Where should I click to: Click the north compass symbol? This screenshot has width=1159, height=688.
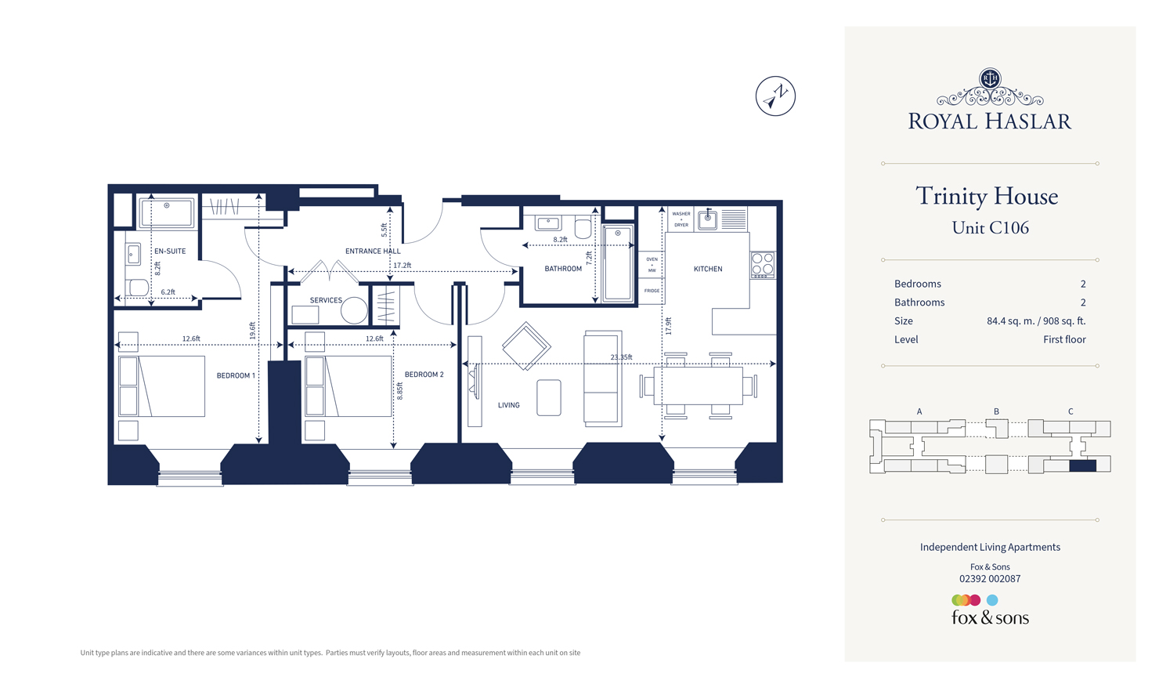[775, 96]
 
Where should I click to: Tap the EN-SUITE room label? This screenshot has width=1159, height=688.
[170, 252]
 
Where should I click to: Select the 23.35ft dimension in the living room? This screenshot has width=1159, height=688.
[621, 357]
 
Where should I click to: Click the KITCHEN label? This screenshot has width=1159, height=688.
[708, 269]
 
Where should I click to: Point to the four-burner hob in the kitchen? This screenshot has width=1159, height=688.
[763, 265]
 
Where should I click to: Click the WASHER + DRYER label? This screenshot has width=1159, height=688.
[681, 219]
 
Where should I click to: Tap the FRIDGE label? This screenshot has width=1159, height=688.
[652, 291]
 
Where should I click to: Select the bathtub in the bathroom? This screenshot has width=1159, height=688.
[618, 263]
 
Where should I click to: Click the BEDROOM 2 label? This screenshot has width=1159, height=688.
[424, 375]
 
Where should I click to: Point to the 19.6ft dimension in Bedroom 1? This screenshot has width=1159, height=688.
[252, 330]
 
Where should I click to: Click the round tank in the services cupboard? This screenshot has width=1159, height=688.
[354, 311]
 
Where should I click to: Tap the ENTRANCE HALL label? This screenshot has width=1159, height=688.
[373, 252]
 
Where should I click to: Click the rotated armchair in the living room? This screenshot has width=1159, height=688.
[526, 346]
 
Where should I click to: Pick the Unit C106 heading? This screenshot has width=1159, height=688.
[990, 228]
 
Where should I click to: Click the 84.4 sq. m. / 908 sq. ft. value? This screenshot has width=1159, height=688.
[1035, 321]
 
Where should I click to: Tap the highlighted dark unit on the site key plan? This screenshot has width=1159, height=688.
[1082, 465]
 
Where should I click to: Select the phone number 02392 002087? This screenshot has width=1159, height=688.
[990, 579]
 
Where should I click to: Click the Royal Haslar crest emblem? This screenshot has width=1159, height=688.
[990, 78]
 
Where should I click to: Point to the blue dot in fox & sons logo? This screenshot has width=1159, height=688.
[992, 600]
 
